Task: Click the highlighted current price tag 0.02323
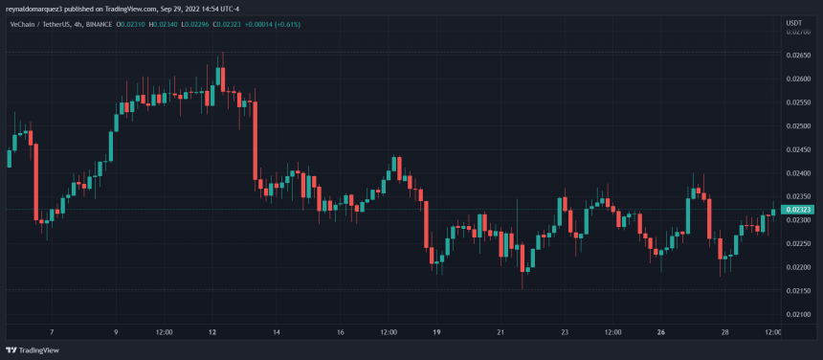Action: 797,209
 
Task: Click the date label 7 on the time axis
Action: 51,332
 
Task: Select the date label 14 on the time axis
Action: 276,332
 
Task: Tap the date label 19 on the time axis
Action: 435,332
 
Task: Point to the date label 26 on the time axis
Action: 661,332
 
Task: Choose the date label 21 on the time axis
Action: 500,332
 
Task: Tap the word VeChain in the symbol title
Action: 25,23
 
